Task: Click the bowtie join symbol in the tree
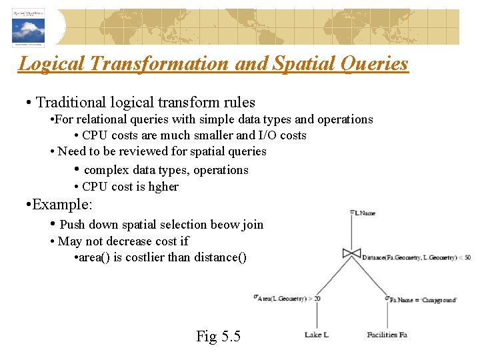(x=351, y=253)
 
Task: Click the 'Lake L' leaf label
(x=316, y=335)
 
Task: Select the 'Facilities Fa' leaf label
(x=387, y=335)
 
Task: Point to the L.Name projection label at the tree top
(x=363, y=213)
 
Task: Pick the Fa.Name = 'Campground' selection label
(x=422, y=299)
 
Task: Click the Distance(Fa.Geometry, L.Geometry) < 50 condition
(x=416, y=257)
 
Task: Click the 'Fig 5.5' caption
(x=218, y=336)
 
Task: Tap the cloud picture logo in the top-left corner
(x=28, y=27)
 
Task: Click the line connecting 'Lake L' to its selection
(x=316, y=317)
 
